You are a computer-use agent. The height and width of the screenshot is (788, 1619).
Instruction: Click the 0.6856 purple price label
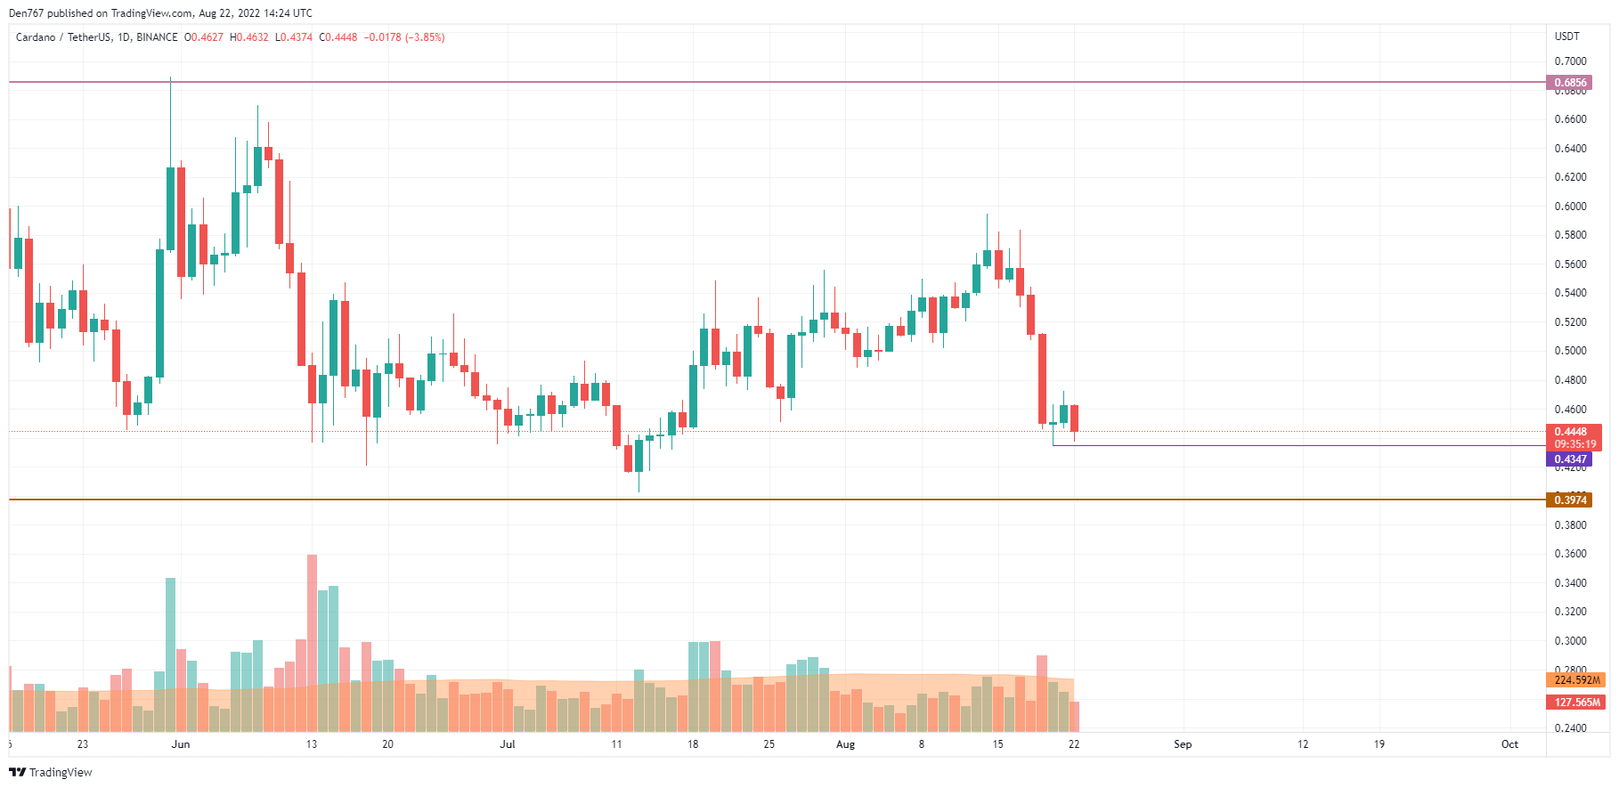tap(1570, 83)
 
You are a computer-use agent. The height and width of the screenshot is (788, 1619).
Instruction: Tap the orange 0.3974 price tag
tap(1570, 500)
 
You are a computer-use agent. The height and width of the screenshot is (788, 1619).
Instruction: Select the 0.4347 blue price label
tap(1570, 459)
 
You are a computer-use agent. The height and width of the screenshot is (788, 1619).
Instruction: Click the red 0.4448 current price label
tap(1574, 432)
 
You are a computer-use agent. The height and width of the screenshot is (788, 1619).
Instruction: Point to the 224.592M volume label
tap(1576, 680)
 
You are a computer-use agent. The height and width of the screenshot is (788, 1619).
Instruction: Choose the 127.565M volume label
tap(1576, 703)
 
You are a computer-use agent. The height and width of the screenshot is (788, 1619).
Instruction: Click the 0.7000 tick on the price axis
tap(1570, 61)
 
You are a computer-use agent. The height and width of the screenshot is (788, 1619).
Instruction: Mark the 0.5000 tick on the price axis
tap(1570, 351)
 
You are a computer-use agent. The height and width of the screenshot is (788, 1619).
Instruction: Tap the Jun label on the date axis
tap(181, 744)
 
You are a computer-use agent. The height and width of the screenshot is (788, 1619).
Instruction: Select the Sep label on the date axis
tap(1183, 744)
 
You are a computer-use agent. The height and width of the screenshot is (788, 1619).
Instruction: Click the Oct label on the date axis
tap(1509, 744)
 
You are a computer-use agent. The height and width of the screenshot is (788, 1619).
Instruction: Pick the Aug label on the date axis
tap(845, 744)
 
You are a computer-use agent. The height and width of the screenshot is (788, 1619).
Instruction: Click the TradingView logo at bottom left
tap(51, 772)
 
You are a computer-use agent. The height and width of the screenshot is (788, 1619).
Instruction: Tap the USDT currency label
tap(1566, 37)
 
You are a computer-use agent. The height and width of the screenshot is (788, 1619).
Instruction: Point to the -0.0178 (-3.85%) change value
tap(404, 37)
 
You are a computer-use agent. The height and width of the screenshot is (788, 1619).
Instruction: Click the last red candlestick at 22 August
tap(1074, 418)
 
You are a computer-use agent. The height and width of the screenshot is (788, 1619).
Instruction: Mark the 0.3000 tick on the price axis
tap(1570, 641)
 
